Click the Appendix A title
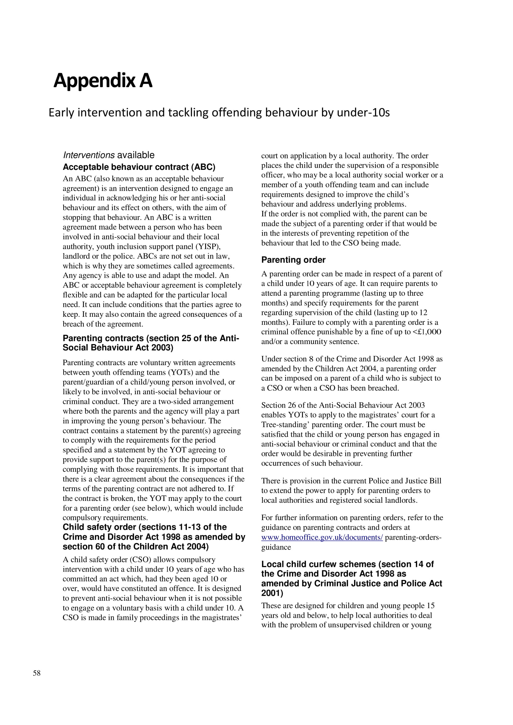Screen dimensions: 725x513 (x=103, y=81)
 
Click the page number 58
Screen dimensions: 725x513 (x=37, y=673)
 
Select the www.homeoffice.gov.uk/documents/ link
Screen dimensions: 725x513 (x=322, y=537)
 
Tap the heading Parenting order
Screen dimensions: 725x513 (x=293, y=260)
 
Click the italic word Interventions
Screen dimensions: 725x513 (x=88, y=155)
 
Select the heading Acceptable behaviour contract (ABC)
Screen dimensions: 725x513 (x=139, y=167)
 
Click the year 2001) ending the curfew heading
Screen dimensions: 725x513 (x=272, y=593)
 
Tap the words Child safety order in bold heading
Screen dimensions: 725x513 (x=99, y=527)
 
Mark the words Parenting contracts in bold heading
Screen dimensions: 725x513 (x=103, y=338)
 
